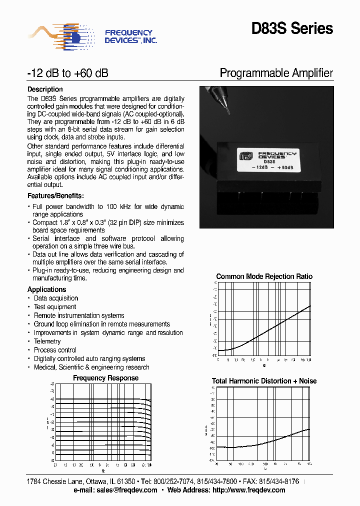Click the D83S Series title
[292, 29]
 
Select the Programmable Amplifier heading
[276, 73]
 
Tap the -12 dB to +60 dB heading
[67, 73]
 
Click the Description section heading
[45, 89]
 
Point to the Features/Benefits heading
[55, 196]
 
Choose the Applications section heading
[46, 289]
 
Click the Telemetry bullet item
[47, 341]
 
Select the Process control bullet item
[55, 350]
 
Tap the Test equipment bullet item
[55, 307]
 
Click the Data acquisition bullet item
[56, 298]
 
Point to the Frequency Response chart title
[105, 378]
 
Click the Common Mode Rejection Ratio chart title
[264, 276]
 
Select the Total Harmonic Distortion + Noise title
[264, 381]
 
